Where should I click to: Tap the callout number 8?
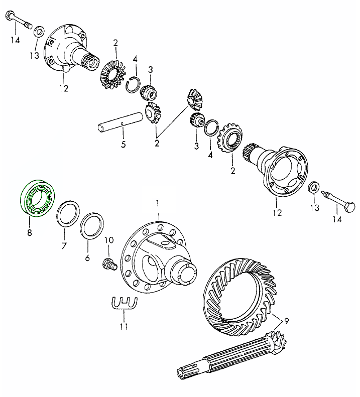[30, 232]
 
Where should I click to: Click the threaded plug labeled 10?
[109, 264]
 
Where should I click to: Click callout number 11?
[124, 327]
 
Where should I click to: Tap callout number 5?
[124, 145]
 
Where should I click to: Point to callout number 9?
[286, 322]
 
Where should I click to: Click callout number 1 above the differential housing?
[158, 203]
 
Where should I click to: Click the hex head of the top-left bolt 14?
[10, 17]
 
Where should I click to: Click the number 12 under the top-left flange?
[64, 89]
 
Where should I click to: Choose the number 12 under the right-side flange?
[278, 212]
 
